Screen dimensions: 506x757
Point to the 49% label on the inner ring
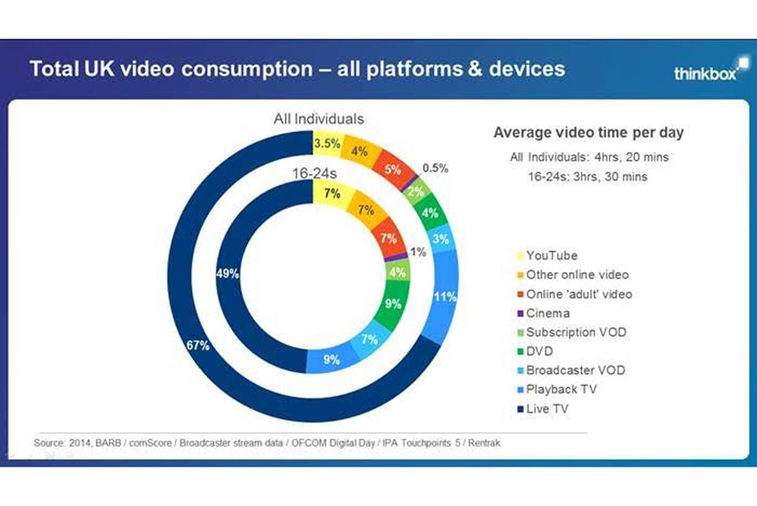coord(227,273)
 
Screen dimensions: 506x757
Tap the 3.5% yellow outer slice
coord(326,143)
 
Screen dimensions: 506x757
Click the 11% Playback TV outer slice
coord(445,297)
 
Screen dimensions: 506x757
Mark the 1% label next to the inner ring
coord(418,252)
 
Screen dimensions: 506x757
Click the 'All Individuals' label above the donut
coord(319,119)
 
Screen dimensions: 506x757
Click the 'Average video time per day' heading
coord(588,132)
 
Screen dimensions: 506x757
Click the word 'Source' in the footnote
coord(48,443)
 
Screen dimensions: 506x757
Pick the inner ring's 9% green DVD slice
coord(392,304)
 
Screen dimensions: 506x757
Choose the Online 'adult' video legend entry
coord(579,294)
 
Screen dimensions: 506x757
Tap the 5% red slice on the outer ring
coord(392,168)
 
